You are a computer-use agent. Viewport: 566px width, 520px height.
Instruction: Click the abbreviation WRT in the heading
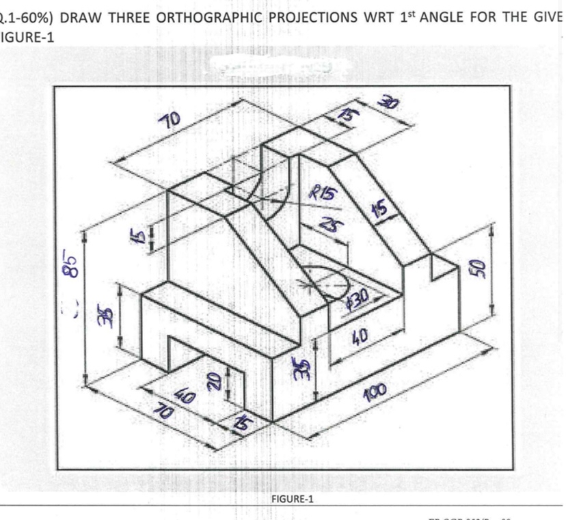pyautogui.click(x=385, y=17)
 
